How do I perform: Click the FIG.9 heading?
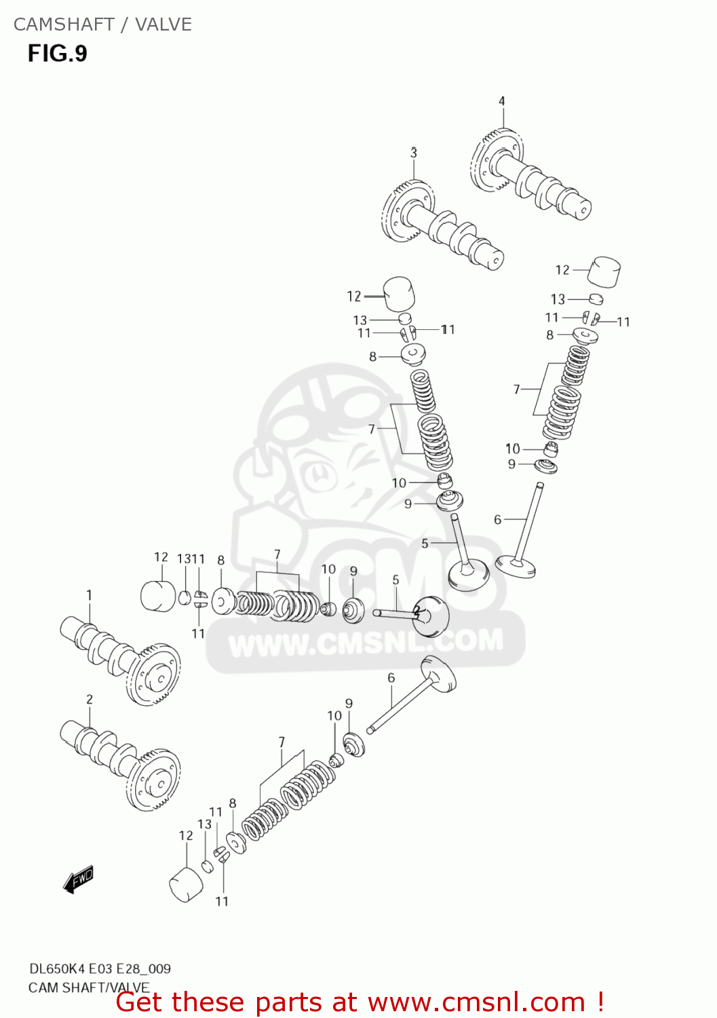58,54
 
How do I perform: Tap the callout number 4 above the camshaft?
502,101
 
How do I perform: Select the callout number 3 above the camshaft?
413,153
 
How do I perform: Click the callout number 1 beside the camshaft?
89,595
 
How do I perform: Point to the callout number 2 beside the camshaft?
90,699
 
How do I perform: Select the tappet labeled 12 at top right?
604,271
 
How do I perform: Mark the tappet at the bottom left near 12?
185,884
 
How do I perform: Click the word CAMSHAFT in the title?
64,24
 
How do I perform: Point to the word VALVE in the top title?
163,24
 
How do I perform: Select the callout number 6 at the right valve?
497,519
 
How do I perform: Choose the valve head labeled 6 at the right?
516,565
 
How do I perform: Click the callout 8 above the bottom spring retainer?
232,804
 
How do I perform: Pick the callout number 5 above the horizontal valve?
395,580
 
